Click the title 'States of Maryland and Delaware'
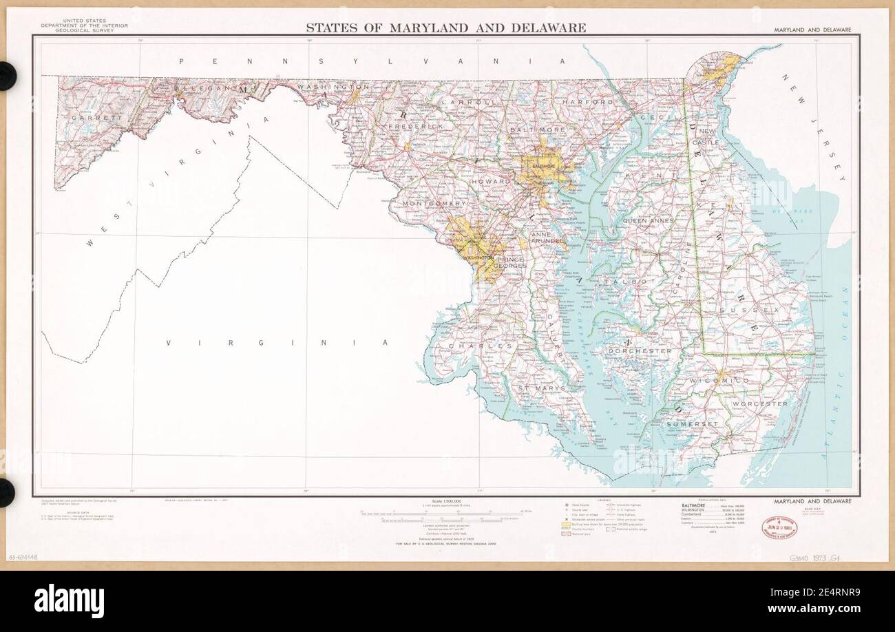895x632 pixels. click(445, 28)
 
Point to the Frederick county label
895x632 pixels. click(416, 127)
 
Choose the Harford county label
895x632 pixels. click(587, 102)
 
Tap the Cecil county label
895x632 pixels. click(655, 117)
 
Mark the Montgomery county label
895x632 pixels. click(434, 204)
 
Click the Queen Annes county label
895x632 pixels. click(648, 220)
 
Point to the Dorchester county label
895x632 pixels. click(640, 351)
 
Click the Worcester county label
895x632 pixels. click(759, 403)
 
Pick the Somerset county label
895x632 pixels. click(692, 424)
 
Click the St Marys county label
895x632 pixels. click(542, 388)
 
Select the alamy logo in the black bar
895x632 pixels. click(69, 601)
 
